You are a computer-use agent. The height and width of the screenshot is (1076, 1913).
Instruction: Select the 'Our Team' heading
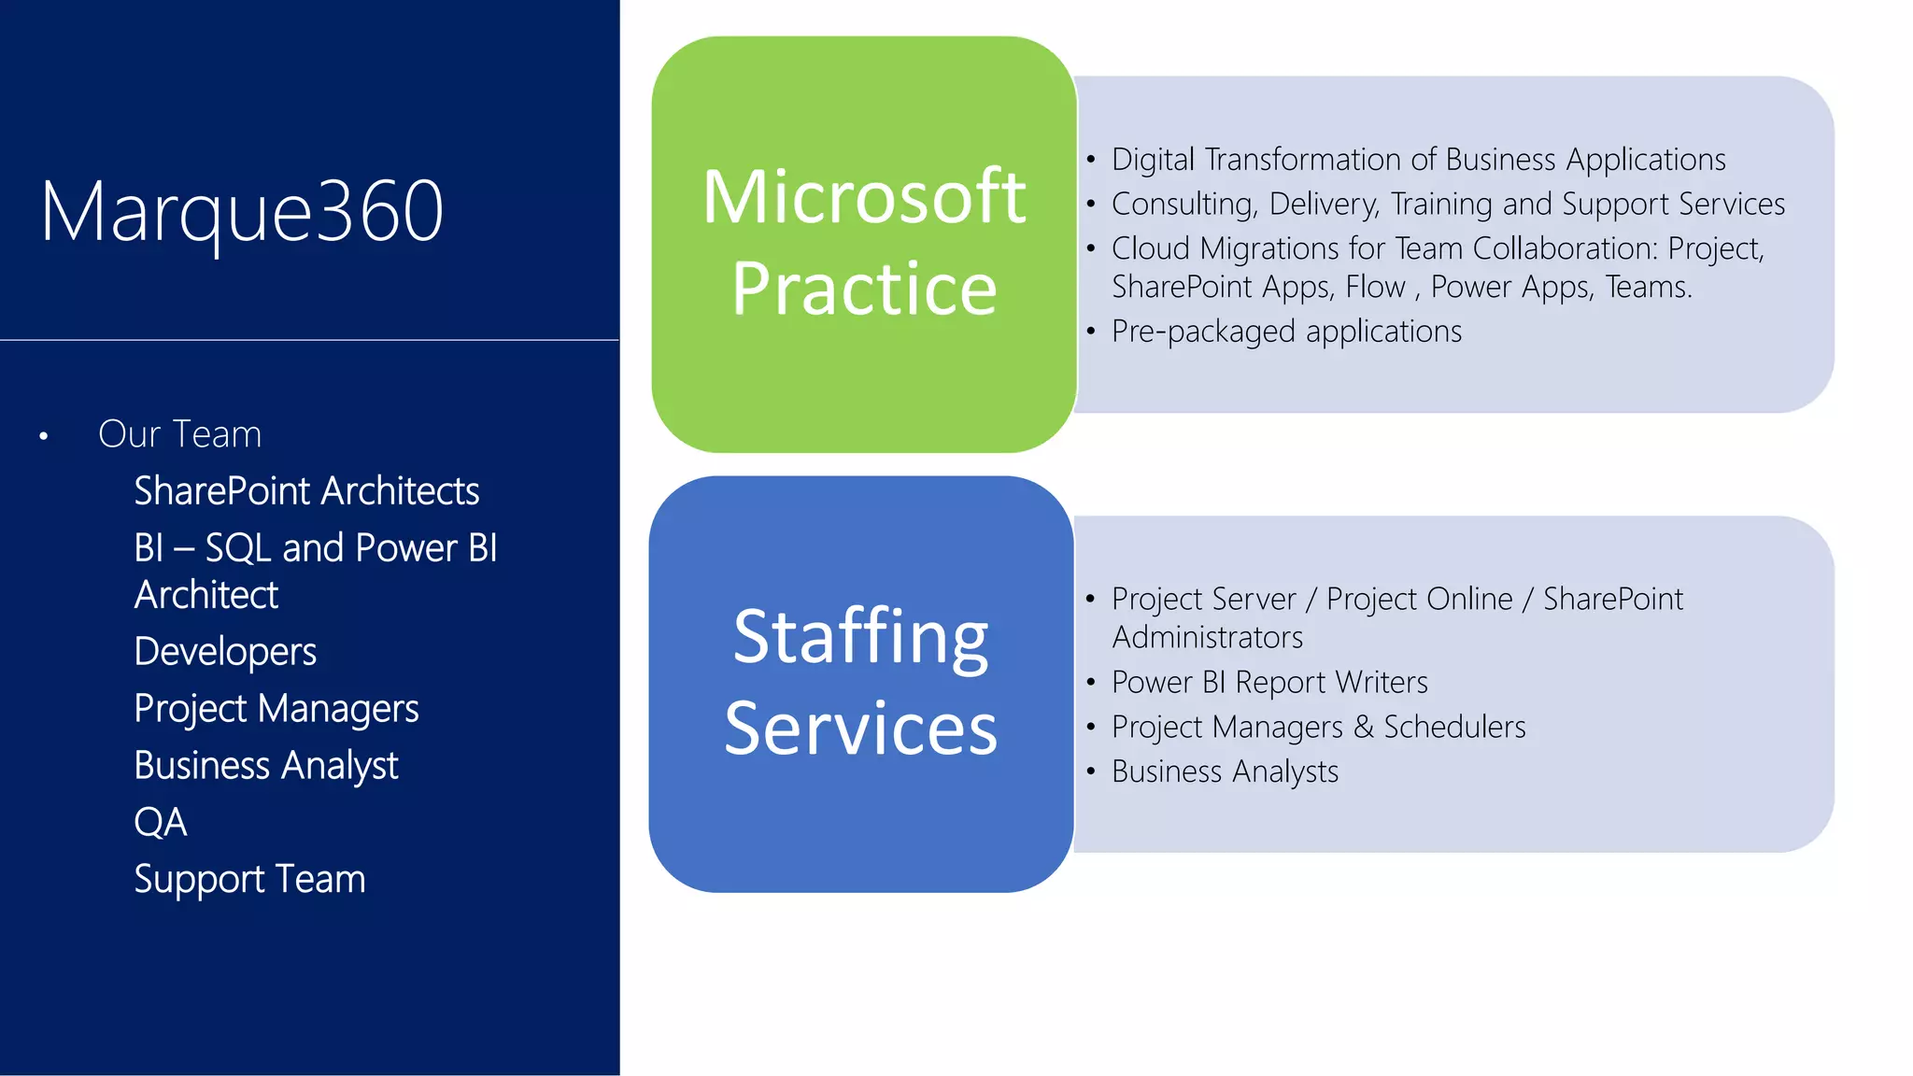(x=179, y=434)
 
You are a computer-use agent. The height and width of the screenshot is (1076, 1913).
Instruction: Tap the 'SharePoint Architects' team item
(x=306, y=491)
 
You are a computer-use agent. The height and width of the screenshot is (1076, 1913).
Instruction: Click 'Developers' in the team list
(x=225, y=652)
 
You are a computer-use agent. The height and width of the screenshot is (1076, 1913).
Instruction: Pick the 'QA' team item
(x=161, y=823)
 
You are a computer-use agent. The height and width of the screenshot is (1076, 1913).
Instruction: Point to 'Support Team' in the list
(x=249, y=880)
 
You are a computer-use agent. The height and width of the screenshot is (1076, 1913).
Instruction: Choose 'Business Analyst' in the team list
(x=266, y=766)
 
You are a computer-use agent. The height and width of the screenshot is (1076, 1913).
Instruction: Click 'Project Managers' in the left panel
(x=276, y=709)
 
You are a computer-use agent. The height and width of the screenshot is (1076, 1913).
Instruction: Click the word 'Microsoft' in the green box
(x=864, y=197)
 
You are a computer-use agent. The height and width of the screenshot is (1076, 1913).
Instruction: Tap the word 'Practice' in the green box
(x=864, y=289)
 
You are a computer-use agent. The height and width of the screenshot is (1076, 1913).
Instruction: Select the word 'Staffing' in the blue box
(x=860, y=637)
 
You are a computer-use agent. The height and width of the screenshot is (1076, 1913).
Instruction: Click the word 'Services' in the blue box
(x=860, y=729)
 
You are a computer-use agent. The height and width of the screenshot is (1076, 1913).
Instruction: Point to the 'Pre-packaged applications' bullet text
(x=1286, y=332)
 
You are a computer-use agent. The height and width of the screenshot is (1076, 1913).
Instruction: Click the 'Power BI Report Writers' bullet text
(x=1269, y=683)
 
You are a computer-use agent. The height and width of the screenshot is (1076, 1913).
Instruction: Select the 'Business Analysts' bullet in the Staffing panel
(x=1225, y=772)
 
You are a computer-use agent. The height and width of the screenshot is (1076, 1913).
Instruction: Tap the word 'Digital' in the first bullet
(x=1153, y=160)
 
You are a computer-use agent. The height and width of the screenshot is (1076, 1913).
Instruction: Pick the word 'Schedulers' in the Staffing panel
(x=1454, y=727)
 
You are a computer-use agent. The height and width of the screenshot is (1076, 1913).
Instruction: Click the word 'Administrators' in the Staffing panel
(x=1207, y=638)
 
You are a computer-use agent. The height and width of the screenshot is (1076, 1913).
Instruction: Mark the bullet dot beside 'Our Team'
(x=44, y=436)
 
